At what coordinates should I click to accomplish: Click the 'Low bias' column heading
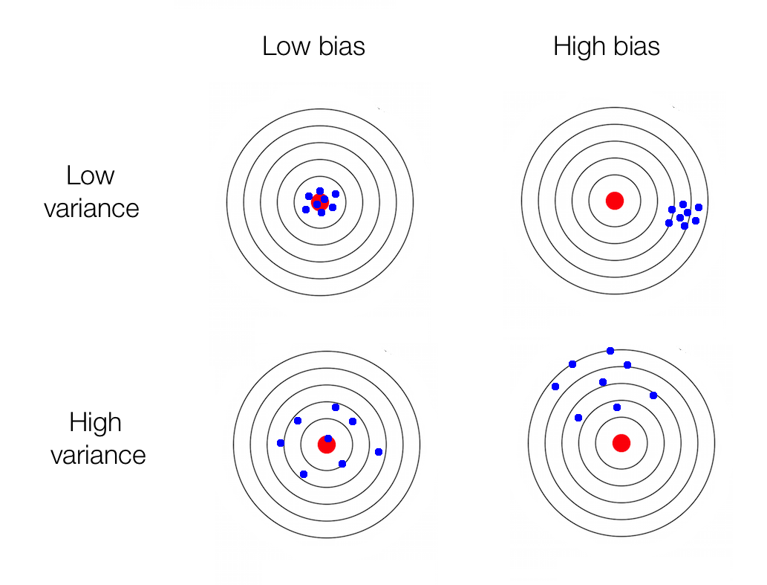pos(313,47)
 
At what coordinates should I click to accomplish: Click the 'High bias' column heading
pos(606,47)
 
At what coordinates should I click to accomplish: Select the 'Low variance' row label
pos(91,192)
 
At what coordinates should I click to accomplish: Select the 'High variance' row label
pos(97,439)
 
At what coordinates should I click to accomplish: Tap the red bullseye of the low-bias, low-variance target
pos(320,201)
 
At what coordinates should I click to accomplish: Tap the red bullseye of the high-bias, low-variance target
pos(614,200)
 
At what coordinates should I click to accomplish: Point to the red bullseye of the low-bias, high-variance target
pos(327,445)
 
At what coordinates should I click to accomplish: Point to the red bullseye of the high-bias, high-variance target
pos(621,443)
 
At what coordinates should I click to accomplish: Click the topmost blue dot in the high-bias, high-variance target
pos(610,351)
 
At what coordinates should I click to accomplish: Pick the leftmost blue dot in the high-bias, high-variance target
pos(555,387)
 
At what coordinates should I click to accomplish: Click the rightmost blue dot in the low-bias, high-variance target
pos(379,452)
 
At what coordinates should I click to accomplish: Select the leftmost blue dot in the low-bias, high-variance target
pos(280,443)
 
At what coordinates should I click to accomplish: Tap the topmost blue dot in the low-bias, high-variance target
pos(336,407)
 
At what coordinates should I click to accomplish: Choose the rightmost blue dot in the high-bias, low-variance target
pos(699,207)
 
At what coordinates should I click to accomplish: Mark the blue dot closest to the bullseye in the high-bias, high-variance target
pos(617,407)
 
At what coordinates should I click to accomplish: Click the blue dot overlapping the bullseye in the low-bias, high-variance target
pos(328,439)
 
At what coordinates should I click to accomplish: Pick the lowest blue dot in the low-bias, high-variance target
pos(303,474)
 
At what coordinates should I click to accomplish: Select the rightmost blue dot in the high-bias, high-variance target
pos(653,395)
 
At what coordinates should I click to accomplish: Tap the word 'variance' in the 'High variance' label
pos(98,454)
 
